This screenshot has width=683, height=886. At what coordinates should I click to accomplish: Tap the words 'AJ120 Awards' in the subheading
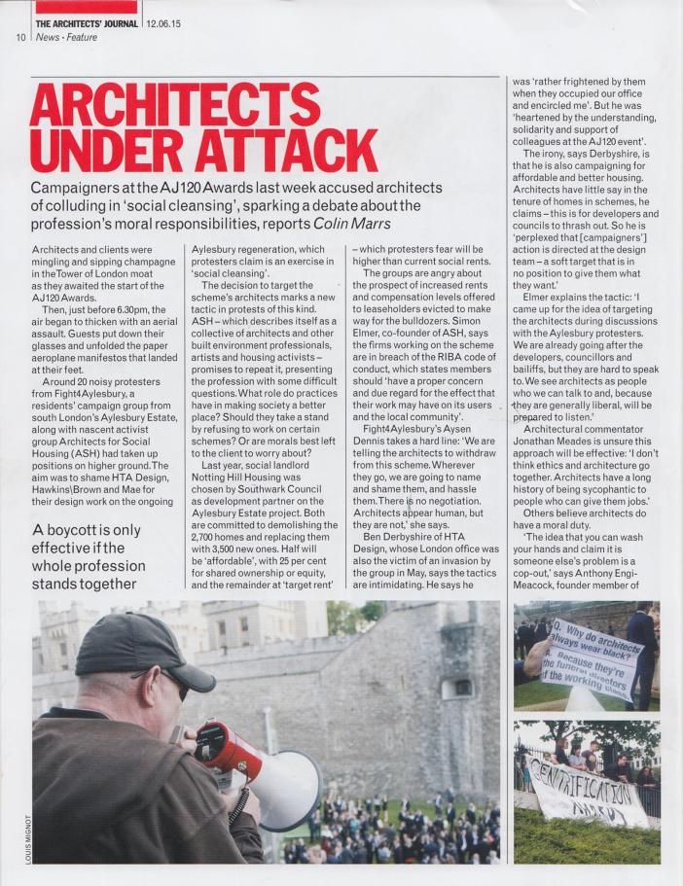(x=224, y=187)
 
